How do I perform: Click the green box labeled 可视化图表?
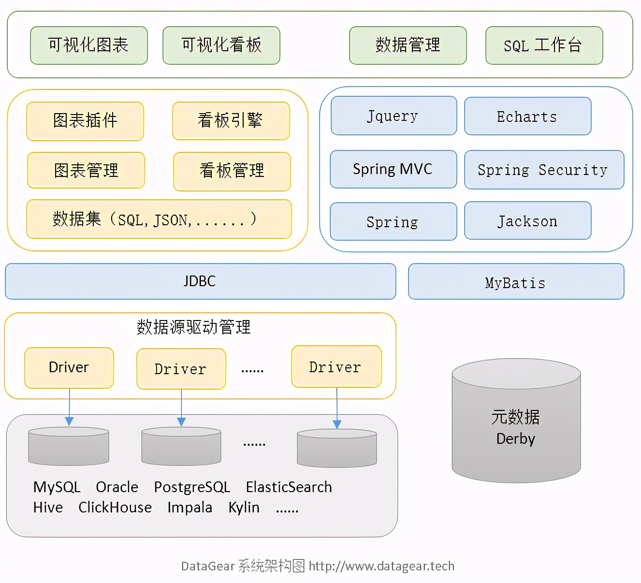[x=89, y=45]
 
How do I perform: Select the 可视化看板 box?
[x=221, y=45]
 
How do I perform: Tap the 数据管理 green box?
[x=408, y=45]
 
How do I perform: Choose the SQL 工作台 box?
[x=544, y=45]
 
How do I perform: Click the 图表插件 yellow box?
[x=85, y=121]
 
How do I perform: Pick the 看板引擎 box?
[x=231, y=120]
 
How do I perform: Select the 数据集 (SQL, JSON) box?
[x=159, y=219]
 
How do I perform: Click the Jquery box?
[x=393, y=116]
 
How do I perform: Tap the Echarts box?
[x=527, y=117]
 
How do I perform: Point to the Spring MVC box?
[x=393, y=169]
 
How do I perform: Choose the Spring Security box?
[x=544, y=170]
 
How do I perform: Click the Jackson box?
[x=527, y=221]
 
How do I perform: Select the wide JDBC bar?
[x=200, y=281]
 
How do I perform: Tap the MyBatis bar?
[x=516, y=282]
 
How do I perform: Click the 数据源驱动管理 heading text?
[x=194, y=327]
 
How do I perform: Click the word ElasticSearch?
[x=289, y=487]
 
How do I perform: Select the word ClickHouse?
[x=115, y=507]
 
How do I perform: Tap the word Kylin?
[x=244, y=507]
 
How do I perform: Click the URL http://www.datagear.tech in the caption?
[x=381, y=566]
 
